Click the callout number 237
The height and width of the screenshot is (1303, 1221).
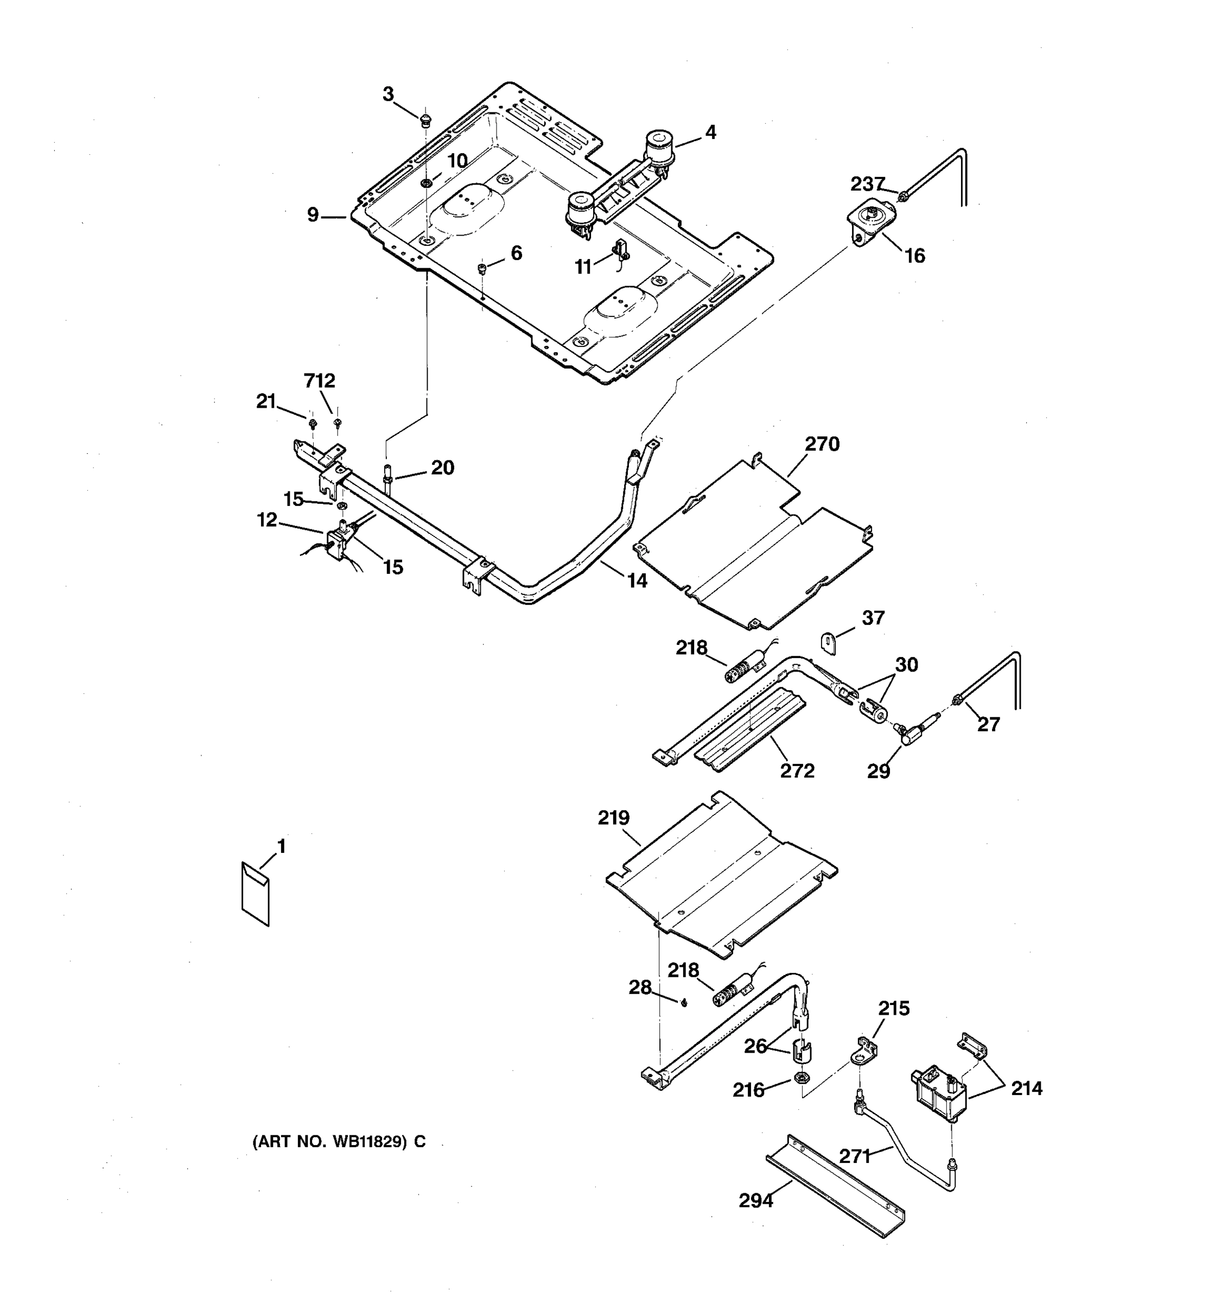tap(867, 184)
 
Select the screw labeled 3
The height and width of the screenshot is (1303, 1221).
tap(426, 119)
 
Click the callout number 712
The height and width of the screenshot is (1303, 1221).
tap(319, 381)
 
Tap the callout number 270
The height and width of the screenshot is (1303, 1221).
tap(822, 445)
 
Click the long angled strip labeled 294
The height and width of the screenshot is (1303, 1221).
tap(835, 1186)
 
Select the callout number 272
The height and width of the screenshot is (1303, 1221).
tap(797, 771)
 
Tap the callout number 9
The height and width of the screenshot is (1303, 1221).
tap(313, 214)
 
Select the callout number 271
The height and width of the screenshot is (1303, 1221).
tap(855, 1157)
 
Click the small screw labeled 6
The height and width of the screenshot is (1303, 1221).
tap(482, 268)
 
